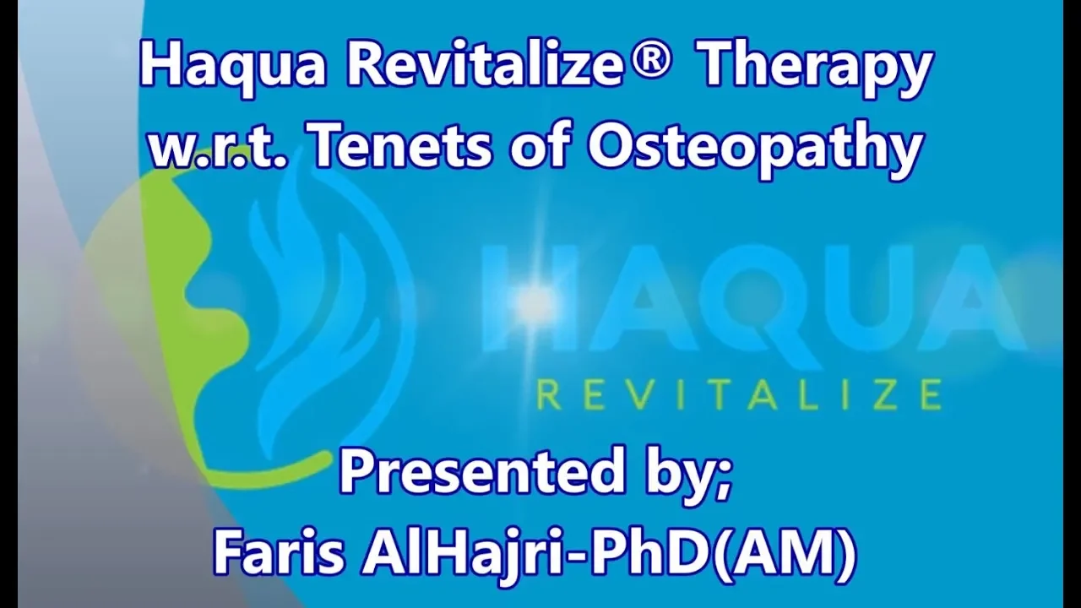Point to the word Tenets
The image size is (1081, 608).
[x=402, y=144]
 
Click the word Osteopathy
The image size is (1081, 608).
[x=752, y=149]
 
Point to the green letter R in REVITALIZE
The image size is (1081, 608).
[x=550, y=394]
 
